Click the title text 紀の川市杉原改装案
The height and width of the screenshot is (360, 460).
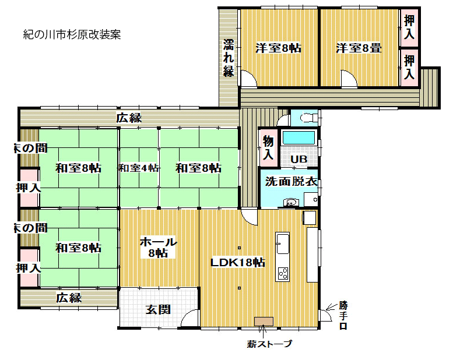tap(72, 34)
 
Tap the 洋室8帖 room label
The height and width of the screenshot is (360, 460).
tap(278, 48)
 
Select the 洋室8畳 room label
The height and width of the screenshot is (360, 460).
tap(359, 48)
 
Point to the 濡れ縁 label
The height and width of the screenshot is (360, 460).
tap(229, 58)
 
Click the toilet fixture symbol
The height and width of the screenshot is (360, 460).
tap(308, 118)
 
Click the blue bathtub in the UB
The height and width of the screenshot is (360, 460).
tap(299, 137)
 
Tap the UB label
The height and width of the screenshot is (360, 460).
tap(299, 159)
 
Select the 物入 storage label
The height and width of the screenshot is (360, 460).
tap(268, 148)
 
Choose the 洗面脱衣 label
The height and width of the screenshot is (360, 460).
tap(291, 182)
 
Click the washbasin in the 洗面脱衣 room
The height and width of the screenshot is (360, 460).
tap(291, 202)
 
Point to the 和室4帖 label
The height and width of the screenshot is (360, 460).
tap(139, 168)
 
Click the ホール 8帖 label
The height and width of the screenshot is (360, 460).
tap(159, 248)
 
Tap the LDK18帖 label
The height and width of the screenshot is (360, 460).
tap(238, 262)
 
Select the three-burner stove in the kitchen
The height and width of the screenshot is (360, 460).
tap(283, 274)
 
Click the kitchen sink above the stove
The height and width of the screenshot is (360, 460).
tap(282, 243)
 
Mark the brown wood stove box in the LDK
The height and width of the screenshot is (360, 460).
tap(264, 322)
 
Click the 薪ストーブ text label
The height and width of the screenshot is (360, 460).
tap(270, 344)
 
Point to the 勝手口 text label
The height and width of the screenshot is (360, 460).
tap(343, 316)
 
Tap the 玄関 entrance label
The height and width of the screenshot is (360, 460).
tap(159, 309)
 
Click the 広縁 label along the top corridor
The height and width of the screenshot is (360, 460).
tap(129, 118)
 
